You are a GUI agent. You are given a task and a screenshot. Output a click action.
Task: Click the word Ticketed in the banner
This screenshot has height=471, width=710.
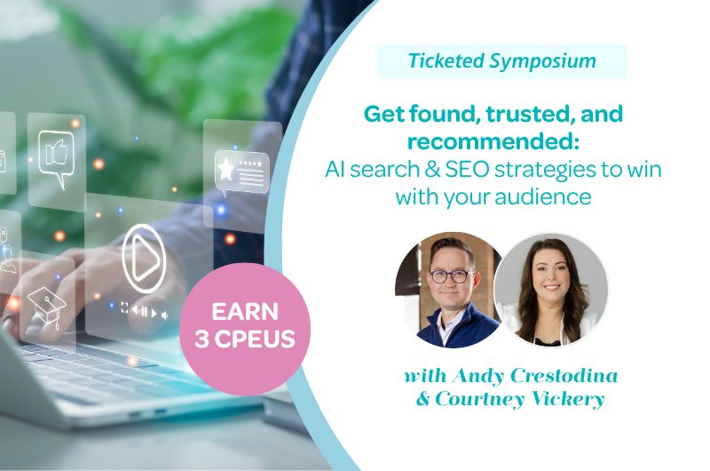click(446, 60)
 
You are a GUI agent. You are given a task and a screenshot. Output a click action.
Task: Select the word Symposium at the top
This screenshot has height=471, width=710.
click(543, 61)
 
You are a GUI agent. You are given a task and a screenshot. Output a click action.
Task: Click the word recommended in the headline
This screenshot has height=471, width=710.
click(493, 141)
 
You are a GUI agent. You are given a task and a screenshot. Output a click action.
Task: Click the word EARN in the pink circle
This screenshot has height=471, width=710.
click(245, 311)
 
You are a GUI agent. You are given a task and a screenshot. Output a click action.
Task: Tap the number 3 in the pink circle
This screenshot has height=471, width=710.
click(201, 339)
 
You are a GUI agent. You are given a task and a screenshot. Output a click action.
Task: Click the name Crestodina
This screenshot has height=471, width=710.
click(564, 376)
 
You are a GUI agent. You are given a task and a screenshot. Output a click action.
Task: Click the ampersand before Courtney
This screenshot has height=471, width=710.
click(423, 399)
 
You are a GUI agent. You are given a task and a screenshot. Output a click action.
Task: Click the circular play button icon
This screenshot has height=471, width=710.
click(144, 259)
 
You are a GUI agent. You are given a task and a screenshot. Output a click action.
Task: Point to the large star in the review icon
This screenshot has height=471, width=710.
click(225, 168)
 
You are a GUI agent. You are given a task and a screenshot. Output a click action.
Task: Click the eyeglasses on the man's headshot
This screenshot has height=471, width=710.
click(450, 276)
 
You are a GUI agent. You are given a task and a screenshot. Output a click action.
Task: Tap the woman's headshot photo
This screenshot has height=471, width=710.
click(551, 290)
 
